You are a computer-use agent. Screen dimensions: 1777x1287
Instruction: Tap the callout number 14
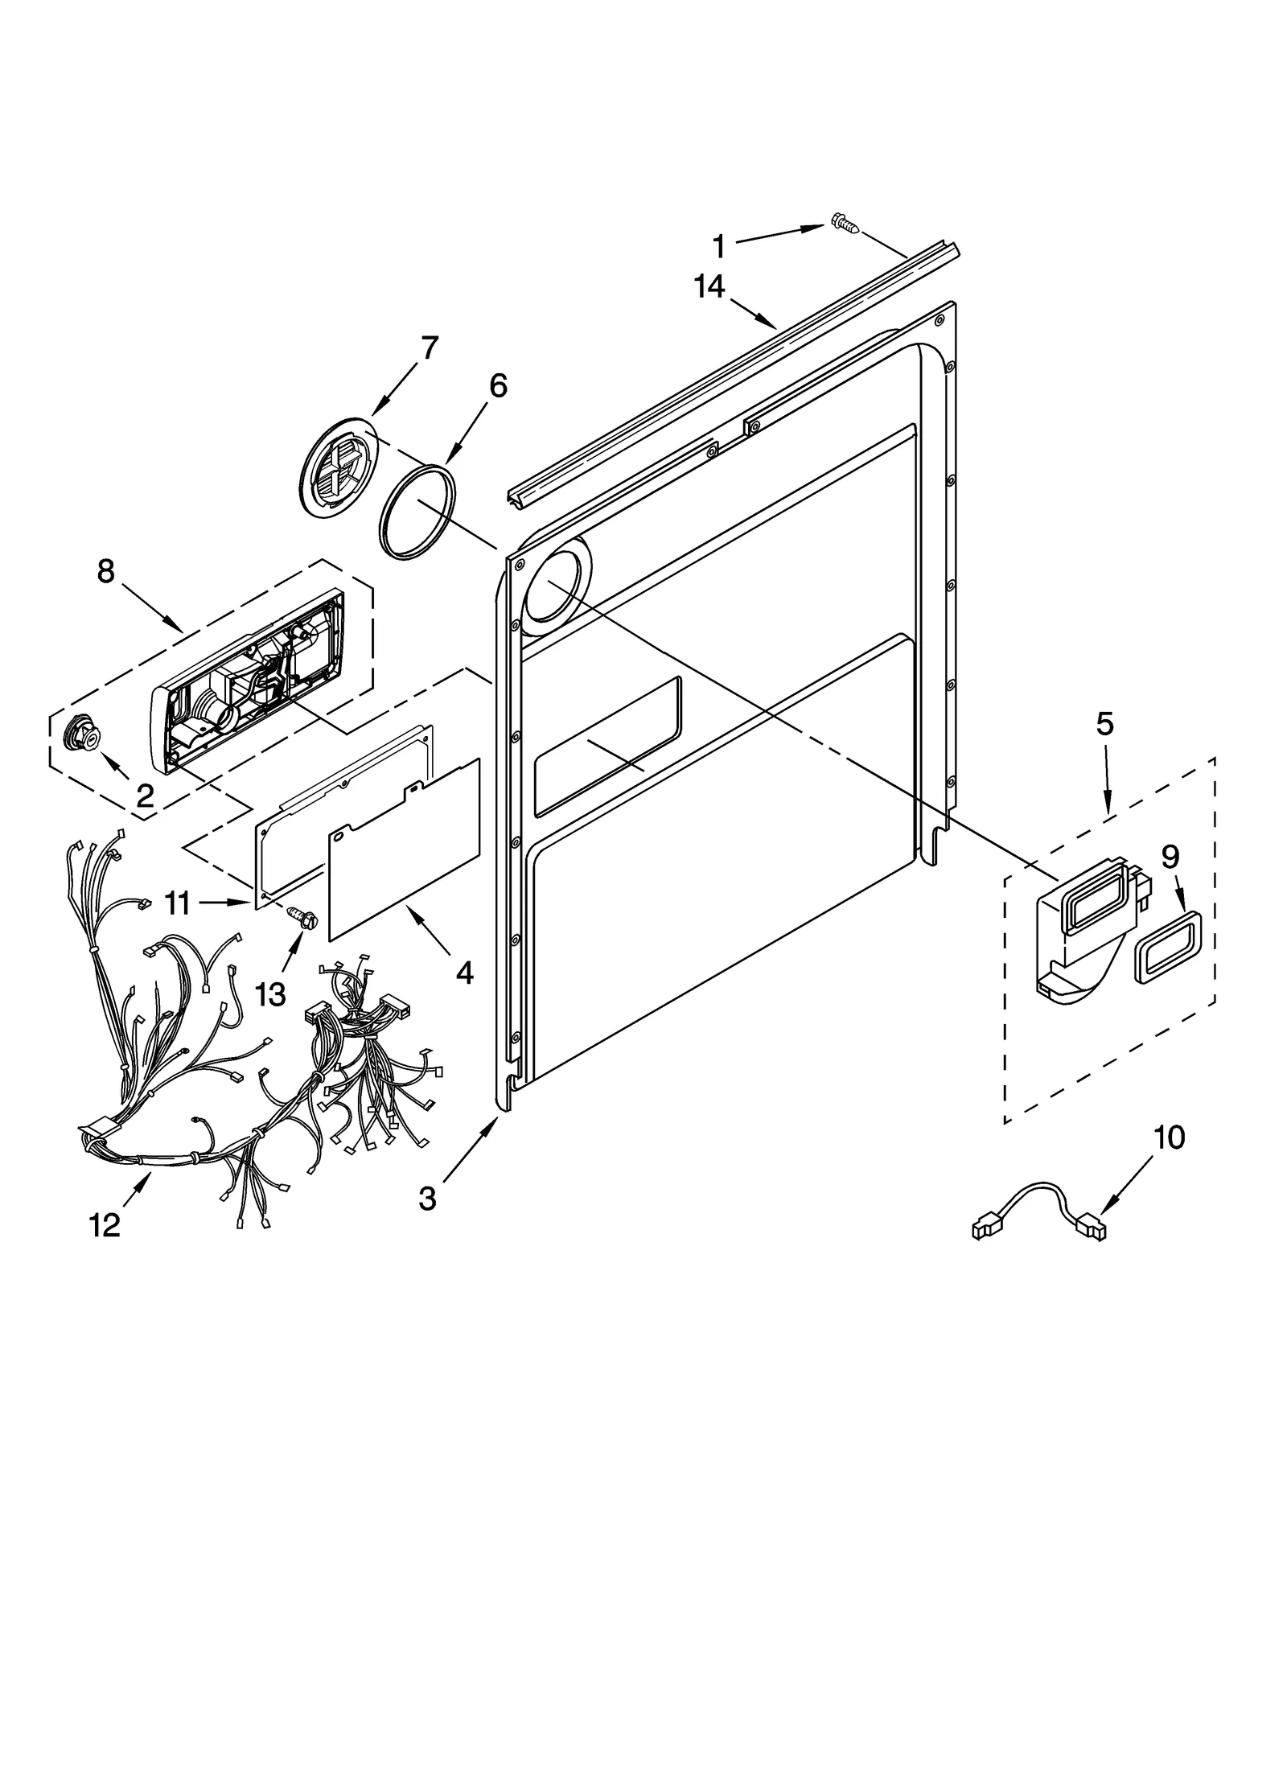pyautogui.click(x=709, y=287)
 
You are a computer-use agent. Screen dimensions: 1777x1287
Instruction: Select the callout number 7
pyautogui.click(x=430, y=348)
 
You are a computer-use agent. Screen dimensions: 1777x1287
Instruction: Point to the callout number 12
pyautogui.click(x=105, y=1225)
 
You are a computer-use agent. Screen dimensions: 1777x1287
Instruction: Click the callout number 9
pyautogui.click(x=1170, y=858)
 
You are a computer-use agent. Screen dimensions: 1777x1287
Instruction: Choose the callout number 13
pyautogui.click(x=270, y=994)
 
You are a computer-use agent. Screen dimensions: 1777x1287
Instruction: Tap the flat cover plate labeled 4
pyautogui.click(x=405, y=849)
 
